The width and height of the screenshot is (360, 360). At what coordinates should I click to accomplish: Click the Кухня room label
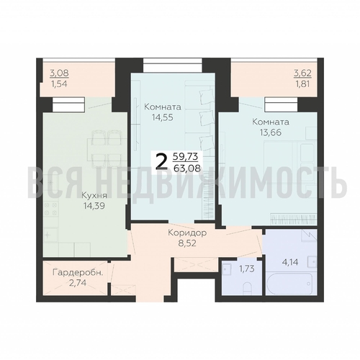coord(94,196)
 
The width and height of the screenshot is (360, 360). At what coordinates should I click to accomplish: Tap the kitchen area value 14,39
coord(94,206)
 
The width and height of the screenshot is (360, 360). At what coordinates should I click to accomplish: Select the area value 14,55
coord(162,117)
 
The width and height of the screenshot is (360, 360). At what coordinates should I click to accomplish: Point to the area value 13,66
coord(270,132)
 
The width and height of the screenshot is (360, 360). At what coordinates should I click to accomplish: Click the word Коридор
coord(187,233)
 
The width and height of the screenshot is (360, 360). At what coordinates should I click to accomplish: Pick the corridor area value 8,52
coord(187,243)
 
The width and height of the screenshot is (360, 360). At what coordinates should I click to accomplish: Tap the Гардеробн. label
coord(78,273)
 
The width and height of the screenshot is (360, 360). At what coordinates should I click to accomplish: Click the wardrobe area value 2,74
coord(78,283)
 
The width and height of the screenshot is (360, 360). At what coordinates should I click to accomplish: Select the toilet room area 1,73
coord(247,269)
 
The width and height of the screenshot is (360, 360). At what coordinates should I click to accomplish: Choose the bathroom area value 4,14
coord(290,262)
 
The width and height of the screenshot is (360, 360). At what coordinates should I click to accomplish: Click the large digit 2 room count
coord(161,161)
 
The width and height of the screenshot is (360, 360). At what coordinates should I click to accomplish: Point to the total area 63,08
coord(187,168)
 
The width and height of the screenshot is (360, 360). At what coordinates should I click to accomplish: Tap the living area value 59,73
coord(186,156)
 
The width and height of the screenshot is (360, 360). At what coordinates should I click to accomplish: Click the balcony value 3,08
coord(59,73)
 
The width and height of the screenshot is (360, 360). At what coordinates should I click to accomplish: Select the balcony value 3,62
coord(302,73)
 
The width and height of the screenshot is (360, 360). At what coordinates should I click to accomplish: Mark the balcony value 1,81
coord(302,84)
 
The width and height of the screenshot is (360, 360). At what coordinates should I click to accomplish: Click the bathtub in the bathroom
coord(289,284)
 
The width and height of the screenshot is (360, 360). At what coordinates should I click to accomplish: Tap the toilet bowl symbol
coord(247,288)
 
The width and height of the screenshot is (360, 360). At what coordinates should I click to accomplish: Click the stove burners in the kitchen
coord(51,209)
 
